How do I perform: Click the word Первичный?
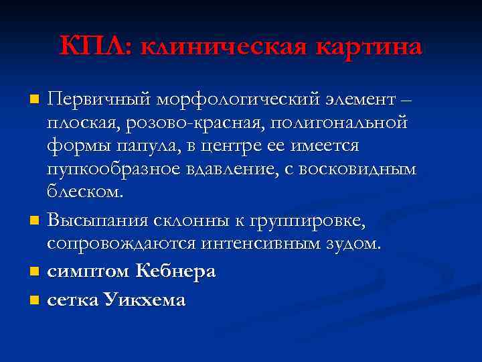point(98,101)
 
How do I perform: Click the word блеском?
point(85,192)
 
